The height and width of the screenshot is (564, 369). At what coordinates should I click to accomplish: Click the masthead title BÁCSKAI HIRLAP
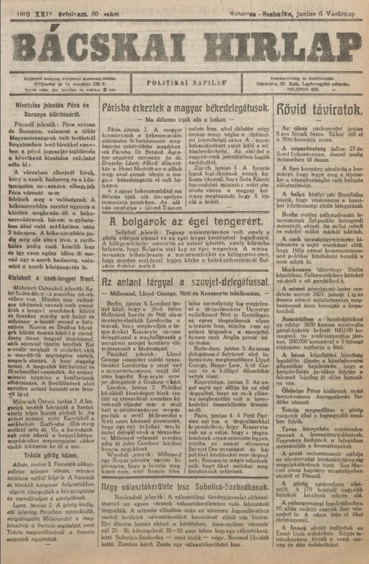click(184, 44)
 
